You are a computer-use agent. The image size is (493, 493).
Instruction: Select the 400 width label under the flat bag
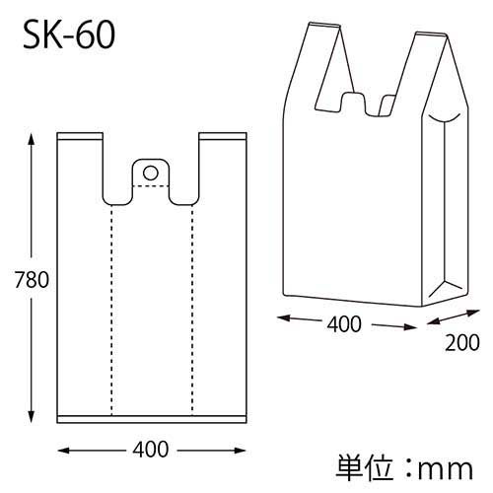[x=151, y=451]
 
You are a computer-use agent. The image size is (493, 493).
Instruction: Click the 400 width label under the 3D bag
[x=342, y=323]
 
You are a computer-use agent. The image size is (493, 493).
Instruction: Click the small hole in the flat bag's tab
[x=150, y=173]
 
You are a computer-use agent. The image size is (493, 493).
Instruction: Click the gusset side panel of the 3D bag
[x=445, y=207]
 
